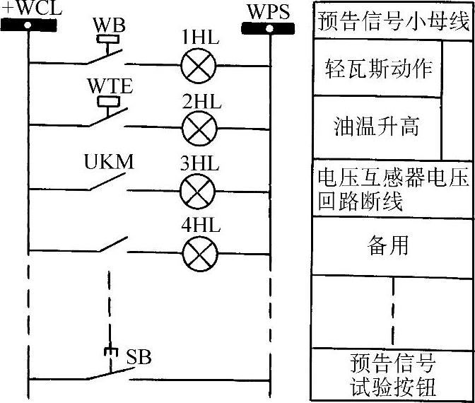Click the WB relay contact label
click(110, 25)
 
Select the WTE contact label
click(109, 86)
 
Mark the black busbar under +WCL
click(28, 25)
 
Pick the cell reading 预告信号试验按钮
click(393, 375)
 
